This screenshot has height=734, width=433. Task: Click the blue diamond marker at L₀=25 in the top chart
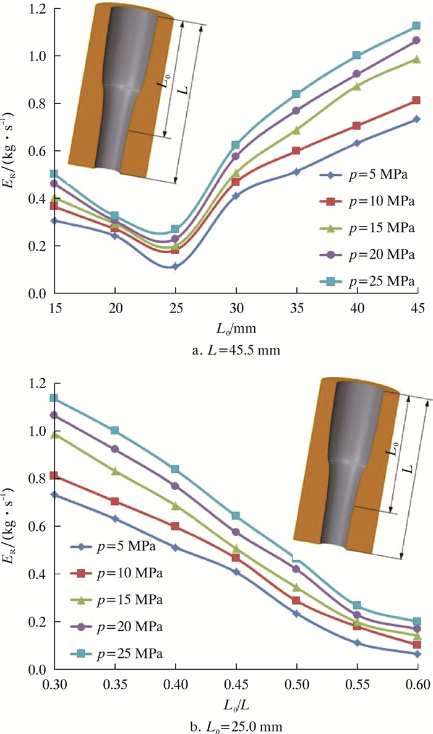176,266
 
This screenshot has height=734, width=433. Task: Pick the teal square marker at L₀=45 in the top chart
416,27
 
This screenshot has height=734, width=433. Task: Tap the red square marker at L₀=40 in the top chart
356,126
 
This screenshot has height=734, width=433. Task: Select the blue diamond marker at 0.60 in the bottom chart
417,654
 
